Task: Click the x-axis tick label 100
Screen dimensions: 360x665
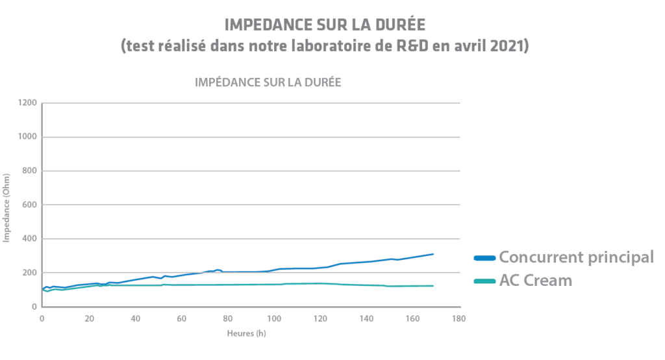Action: (274, 319)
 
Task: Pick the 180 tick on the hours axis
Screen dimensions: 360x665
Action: (459, 319)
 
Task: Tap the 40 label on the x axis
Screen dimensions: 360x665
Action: (134, 319)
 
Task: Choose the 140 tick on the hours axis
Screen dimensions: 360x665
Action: (366, 319)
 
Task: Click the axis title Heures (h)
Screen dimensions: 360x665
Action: (247, 333)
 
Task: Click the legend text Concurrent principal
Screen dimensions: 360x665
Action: (576, 257)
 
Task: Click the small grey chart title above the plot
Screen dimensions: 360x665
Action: (268, 83)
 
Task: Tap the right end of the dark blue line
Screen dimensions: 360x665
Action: (433, 254)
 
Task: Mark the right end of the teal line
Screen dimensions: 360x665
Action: (433, 286)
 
